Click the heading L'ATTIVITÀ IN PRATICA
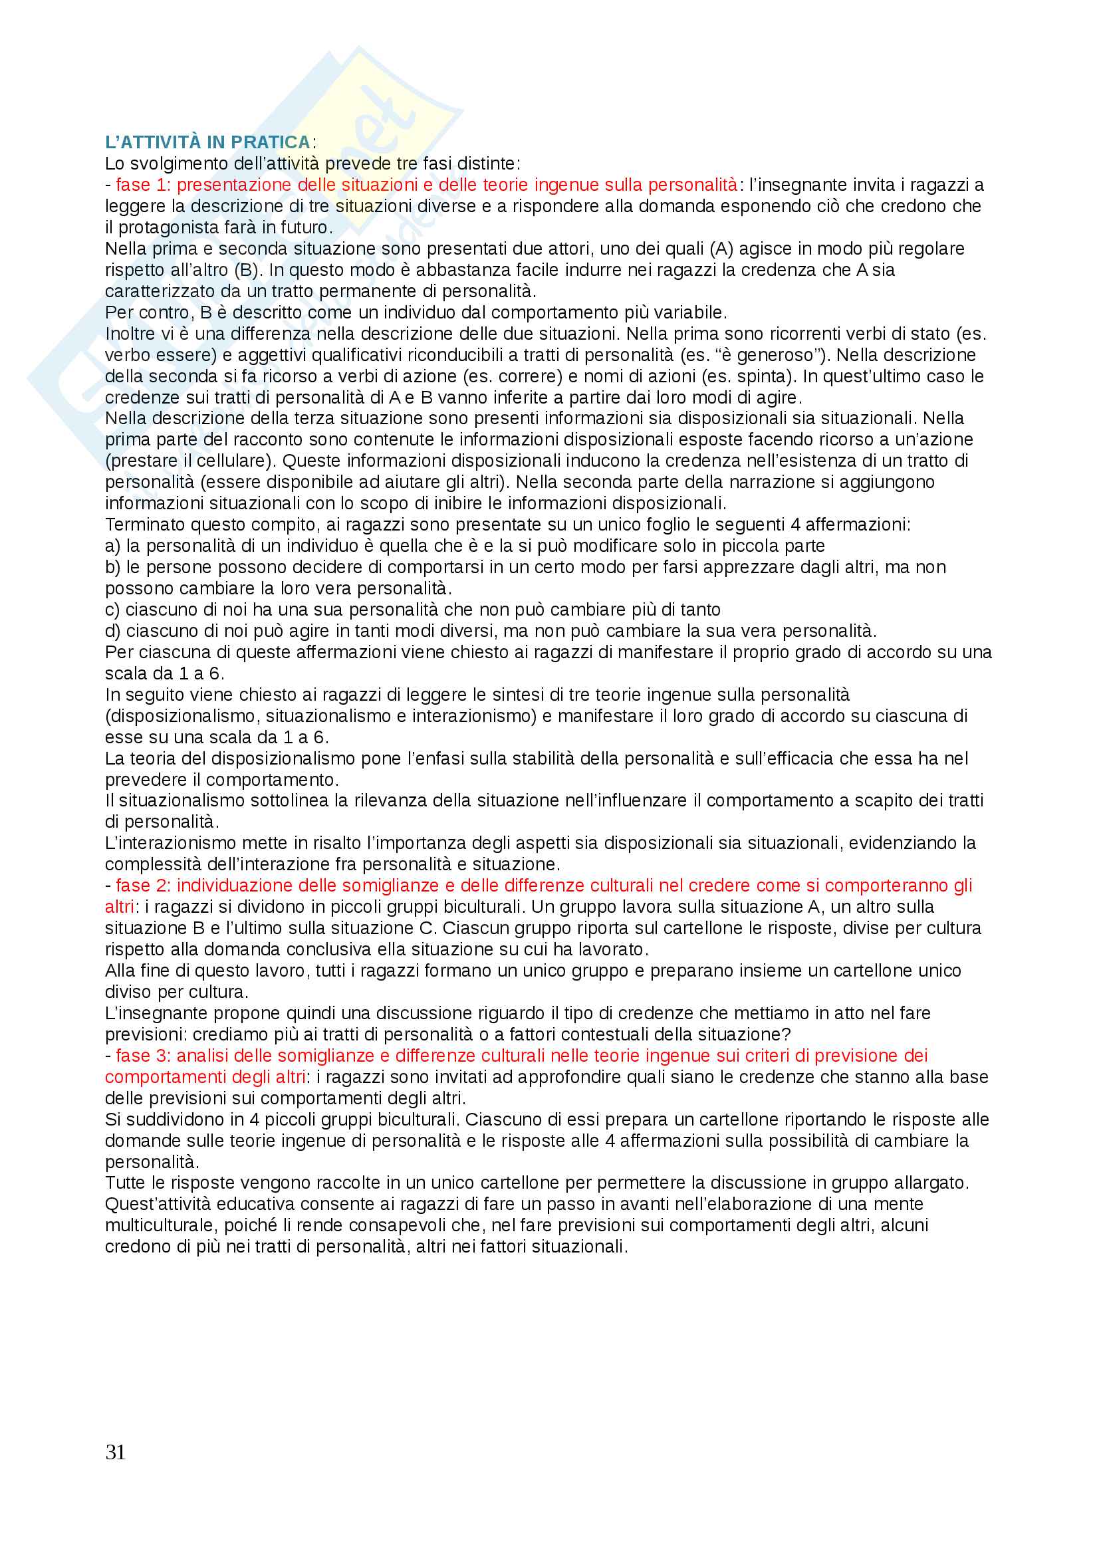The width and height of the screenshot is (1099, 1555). pyautogui.click(x=207, y=142)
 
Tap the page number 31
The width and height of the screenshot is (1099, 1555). pyautogui.click(x=115, y=1452)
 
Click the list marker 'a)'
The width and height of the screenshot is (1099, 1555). pyautogui.click(x=113, y=546)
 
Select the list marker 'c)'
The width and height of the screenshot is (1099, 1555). pyautogui.click(x=113, y=610)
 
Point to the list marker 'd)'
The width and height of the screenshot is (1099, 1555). pyautogui.click(x=113, y=630)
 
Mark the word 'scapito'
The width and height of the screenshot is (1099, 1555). pyautogui.click(x=911, y=800)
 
